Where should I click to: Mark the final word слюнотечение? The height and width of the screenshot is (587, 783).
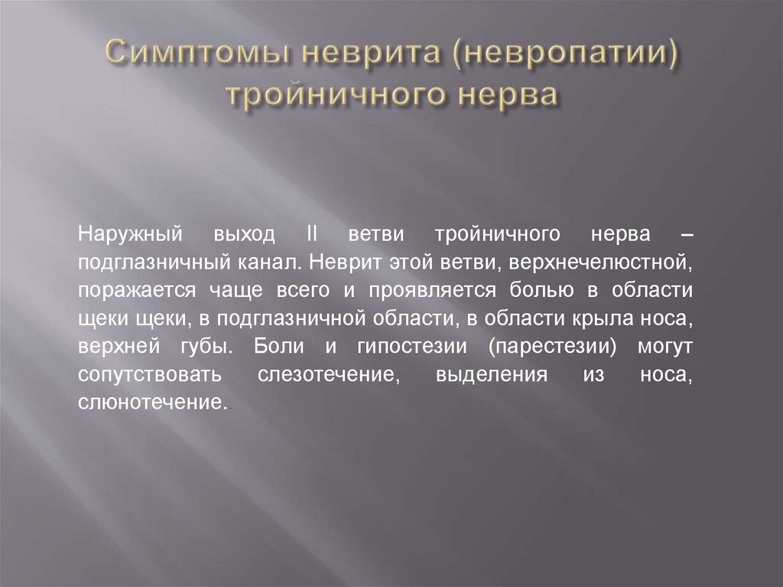click(152, 401)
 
